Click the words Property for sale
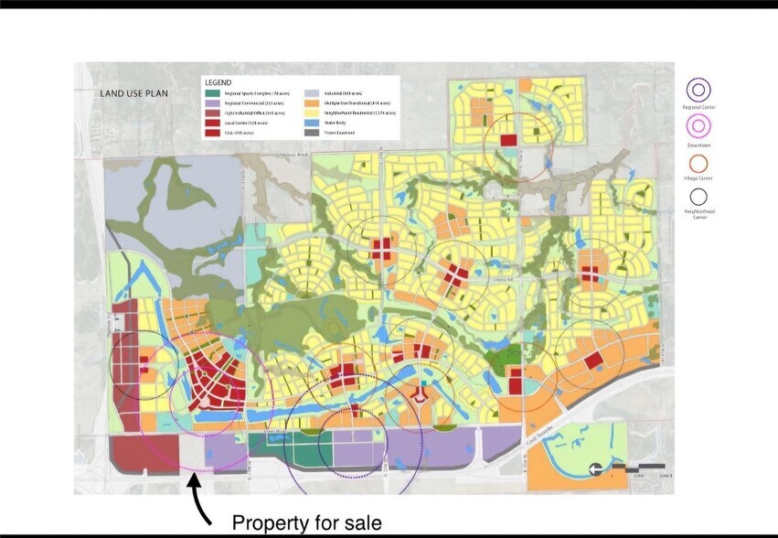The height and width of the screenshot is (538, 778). click(306, 523)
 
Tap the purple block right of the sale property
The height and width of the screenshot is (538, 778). click(223, 452)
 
